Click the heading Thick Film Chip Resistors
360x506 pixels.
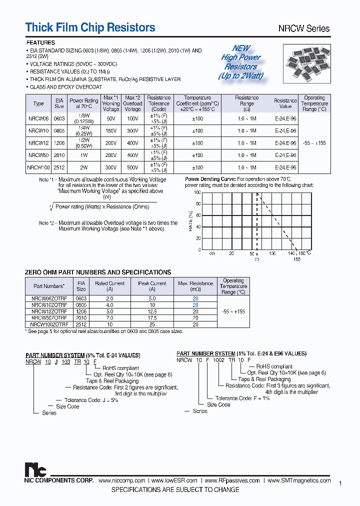pos(90,27)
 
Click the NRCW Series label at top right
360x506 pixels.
pos(303,28)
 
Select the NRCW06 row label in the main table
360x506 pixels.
pos(38,118)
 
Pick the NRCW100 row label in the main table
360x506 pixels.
pos(38,167)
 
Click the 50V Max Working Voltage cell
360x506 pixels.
pos(110,118)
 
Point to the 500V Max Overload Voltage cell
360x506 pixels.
pos(132,167)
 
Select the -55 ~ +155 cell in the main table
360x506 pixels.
pos(314,143)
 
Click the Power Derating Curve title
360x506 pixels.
pos(210,179)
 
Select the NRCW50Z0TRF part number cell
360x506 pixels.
pos(48,317)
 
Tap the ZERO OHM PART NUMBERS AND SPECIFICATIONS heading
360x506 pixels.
pos(98,272)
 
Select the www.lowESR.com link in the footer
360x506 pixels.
pos(174,480)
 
